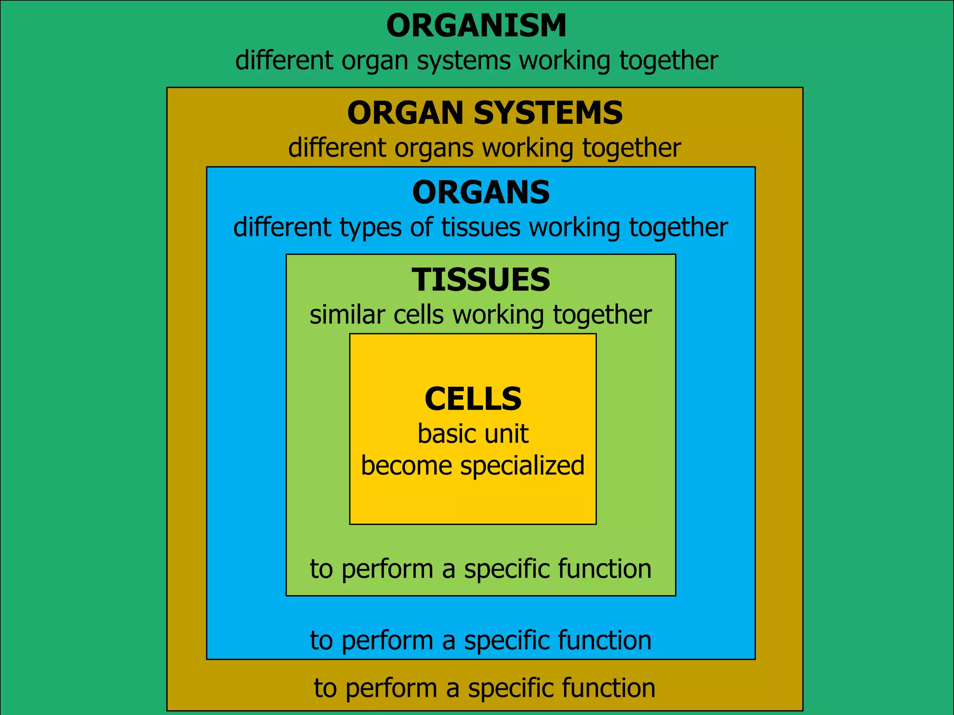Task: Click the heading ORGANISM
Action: pos(476,26)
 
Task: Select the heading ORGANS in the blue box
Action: pos(481,193)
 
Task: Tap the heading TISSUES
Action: pos(481,280)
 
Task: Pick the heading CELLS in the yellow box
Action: pos(473,399)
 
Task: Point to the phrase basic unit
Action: pos(473,434)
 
